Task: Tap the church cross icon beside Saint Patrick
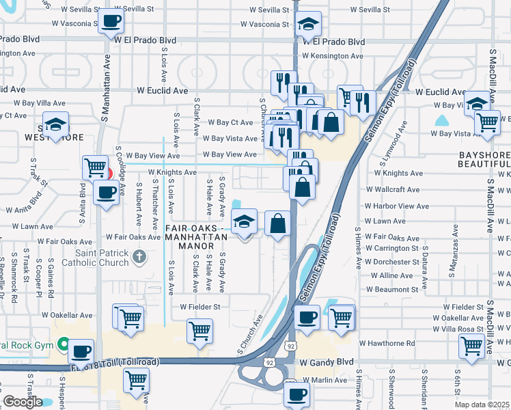click(x=139, y=258)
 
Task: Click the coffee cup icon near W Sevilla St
click(x=111, y=21)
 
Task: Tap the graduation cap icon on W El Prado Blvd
click(x=309, y=25)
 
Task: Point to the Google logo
click(x=23, y=402)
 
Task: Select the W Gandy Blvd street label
click(x=327, y=361)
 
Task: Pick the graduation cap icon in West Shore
click(x=55, y=124)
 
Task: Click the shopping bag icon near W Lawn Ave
click(x=277, y=223)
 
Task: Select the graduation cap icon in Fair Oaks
click(x=244, y=221)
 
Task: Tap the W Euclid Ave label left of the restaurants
click(x=162, y=90)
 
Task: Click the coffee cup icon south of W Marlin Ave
click(x=297, y=394)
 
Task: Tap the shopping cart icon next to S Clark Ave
click(x=199, y=331)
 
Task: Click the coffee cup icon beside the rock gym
click(x=81, y=351)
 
